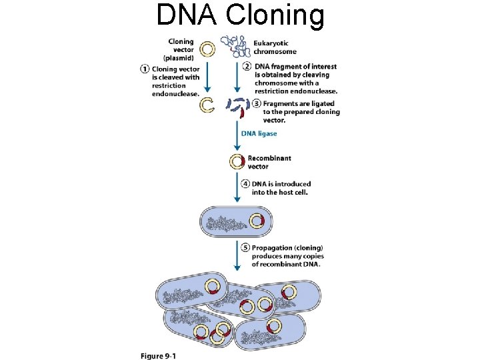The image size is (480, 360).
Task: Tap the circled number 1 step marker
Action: pyautogui.click(x=145, y=69)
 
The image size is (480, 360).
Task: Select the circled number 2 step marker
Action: pyautogui.click(x=247, y=67)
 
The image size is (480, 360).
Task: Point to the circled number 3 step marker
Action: pyautogui.click(x=257, y=104)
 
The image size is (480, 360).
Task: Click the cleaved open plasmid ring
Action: pyautogui.click(x=207, y=104)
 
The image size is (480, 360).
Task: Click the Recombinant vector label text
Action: pyautogui.click(x=269, y=162)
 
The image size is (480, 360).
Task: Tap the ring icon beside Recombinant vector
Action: pyautogui.click(x=237, y=161)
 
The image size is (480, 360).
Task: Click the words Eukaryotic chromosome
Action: pyautogui.click(x=275, y=47)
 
